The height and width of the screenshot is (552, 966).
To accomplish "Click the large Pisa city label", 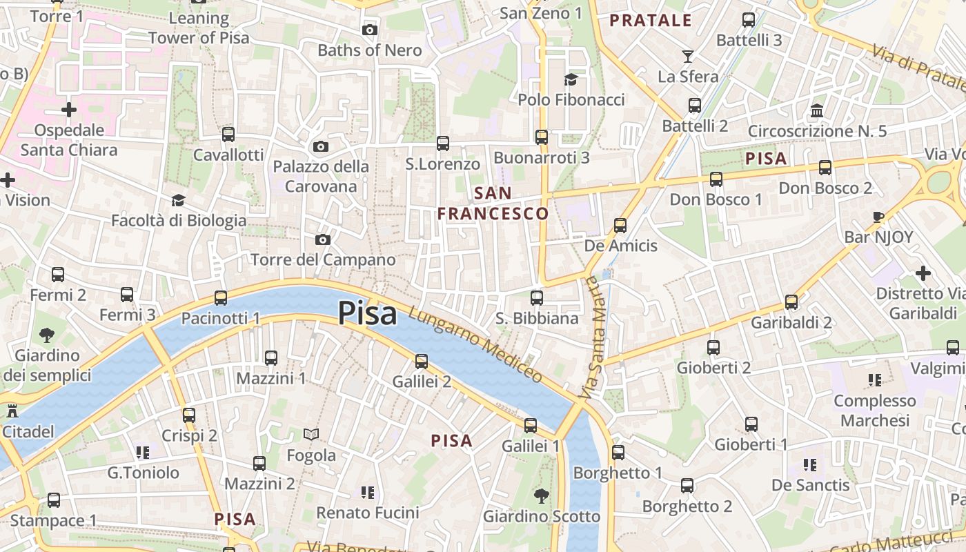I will tap(367, 314).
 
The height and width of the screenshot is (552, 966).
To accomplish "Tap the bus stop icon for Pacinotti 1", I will tap(221, 298).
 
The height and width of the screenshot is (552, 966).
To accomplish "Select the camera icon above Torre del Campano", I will tap(322, 239).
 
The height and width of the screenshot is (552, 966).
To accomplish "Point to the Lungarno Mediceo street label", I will tap(475, 343).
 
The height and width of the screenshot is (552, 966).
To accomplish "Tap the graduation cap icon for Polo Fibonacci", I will tap(571, 79).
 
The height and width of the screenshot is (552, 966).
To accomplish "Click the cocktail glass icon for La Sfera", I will tap(688, 56).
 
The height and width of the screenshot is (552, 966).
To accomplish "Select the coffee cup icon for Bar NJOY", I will tap(878, 217).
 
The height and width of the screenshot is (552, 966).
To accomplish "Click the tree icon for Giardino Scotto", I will tap(541, 495).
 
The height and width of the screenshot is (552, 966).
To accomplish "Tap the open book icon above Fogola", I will tap(311, 435).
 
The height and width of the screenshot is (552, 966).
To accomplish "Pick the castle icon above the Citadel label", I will tap(12, 411).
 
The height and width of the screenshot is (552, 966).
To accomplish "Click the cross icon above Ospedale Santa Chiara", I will tap(69, 110).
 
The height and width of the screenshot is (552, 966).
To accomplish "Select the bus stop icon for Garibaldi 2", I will tap(791, 302).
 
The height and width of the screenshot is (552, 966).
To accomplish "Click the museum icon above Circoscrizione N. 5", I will tap(818, 110).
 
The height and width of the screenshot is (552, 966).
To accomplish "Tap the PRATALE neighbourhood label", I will tap(651, 21).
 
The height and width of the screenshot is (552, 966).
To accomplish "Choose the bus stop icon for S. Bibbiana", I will tap(537, 298).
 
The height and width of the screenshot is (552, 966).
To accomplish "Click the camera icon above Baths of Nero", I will tap(370, 30).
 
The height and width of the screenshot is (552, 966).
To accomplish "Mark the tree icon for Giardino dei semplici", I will tap(47, 335).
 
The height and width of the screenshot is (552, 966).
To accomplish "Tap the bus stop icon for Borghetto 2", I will tap(687, 486).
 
